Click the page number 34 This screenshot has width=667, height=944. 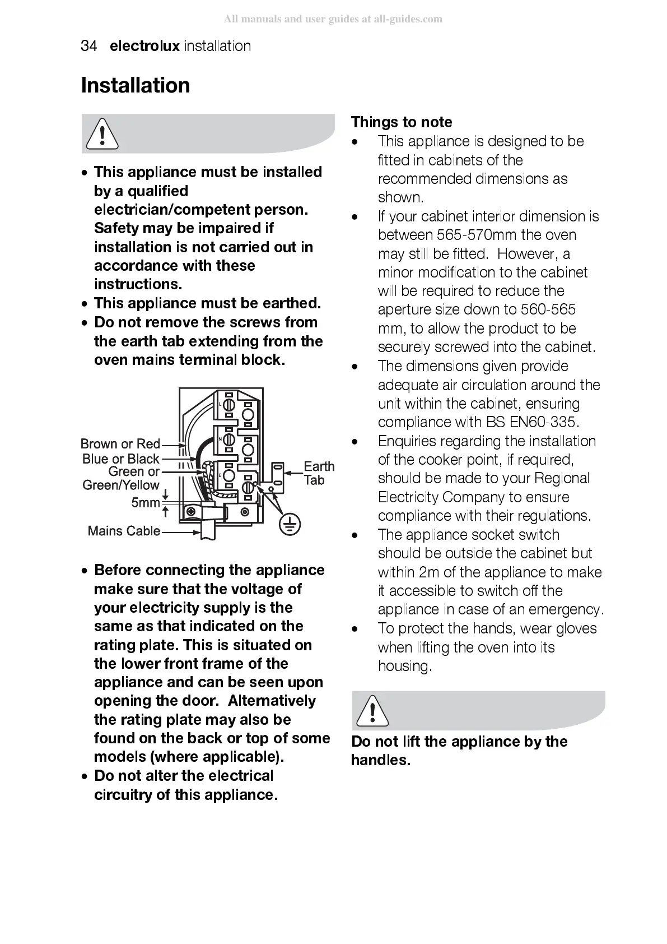click(x=88, y=46)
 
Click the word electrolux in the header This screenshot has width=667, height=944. click(x=144, y=46)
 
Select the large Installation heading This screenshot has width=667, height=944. click(x=136, y=86)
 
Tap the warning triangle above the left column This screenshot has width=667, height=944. click(x=101, y=135)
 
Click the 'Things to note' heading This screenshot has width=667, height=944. click(x=401, y=122)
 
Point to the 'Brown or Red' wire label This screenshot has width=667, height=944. click(x=120, y=444)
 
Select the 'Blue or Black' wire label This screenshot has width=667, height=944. click(x=120, y=459)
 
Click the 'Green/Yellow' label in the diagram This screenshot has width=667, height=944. click(x=121, y=485)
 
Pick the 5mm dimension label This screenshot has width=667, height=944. click(x=145, y=503)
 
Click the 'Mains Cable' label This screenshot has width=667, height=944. click(x=124, y=531)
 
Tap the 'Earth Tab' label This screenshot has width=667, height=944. click(x=319, y=473)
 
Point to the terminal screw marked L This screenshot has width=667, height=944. click(x=228, y=404)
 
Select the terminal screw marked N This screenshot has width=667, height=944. click(x=228, y=439)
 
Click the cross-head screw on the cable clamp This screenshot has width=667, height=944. click(x=190, y=512)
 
